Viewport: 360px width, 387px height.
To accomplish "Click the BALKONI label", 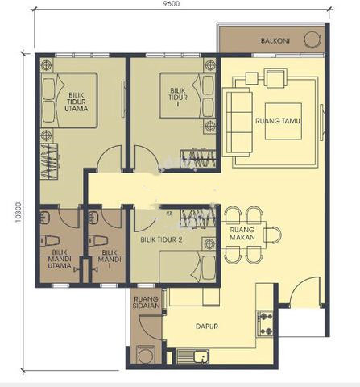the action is pyautogui.click(x=275, y=41).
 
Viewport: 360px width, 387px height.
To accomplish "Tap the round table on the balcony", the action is pyautogui.click(x=312, y=40).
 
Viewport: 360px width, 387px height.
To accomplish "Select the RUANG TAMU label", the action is pyautogui.click(x=278, y=121).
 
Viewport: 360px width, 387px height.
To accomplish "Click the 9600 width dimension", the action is pyautogui.click(x=172, y=3).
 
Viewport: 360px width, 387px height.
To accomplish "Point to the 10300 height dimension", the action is pyautogui.click(x=18, y=212).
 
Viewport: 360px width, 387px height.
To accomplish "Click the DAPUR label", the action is pyautogui.click(x=207, y=327).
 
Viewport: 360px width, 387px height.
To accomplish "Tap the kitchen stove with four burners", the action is pyautogui.click(x=266, y=324).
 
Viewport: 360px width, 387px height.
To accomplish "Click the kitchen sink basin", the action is pyautogui.click(x=201, y=356).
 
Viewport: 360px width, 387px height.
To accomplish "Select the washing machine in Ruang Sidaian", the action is pyautogui.click(x=145, y=355).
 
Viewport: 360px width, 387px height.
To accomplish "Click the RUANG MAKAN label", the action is pyautogui.click(x=242, y=234).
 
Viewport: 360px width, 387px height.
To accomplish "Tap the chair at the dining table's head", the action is pyautogui.click(x=272, y=235).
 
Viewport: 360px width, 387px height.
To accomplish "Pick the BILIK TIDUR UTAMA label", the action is pyautogui.click(x=77, y=102).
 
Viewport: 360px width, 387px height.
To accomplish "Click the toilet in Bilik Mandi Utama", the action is pyautogui.click(x=50, y=240).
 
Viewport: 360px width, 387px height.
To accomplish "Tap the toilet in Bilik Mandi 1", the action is pyautogui.click(x=97, y=240).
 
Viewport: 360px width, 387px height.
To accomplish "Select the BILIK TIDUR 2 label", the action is pyautogui.click(x=161, y=239).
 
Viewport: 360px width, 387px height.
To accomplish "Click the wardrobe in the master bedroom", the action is pyautogui.click(x=49, y=161).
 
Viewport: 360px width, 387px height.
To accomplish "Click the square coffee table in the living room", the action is pyautogui.click(x=283, y=121).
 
